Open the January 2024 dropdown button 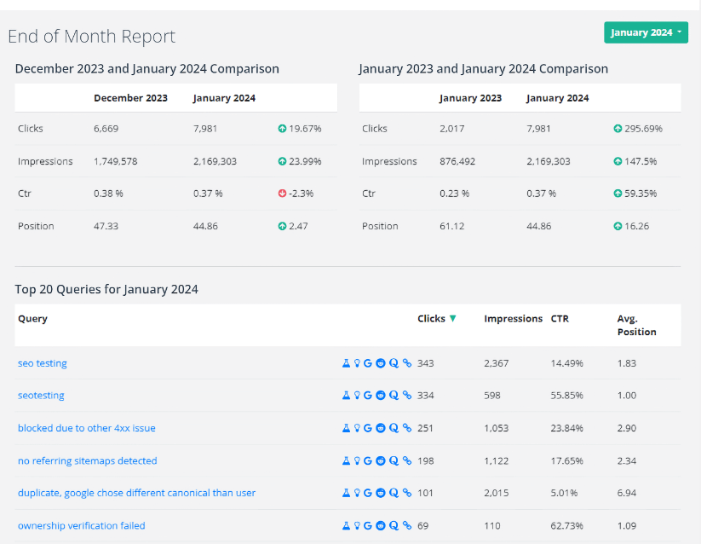point(646,32)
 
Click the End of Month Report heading point(91,37)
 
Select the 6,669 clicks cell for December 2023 point(106,129)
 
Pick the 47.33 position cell point(107,226)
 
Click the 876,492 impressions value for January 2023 point(463,161)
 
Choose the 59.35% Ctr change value point(640,194)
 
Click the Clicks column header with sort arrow point(436,319)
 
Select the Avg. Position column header point(636,325)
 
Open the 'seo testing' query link point(43,363)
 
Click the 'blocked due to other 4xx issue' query point(87,428)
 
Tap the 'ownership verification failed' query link point(82,525)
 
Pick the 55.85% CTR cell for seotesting point(566,396)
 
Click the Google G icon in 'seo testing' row point(368,363)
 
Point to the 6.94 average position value point(627,493)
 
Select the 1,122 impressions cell point(496,460)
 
